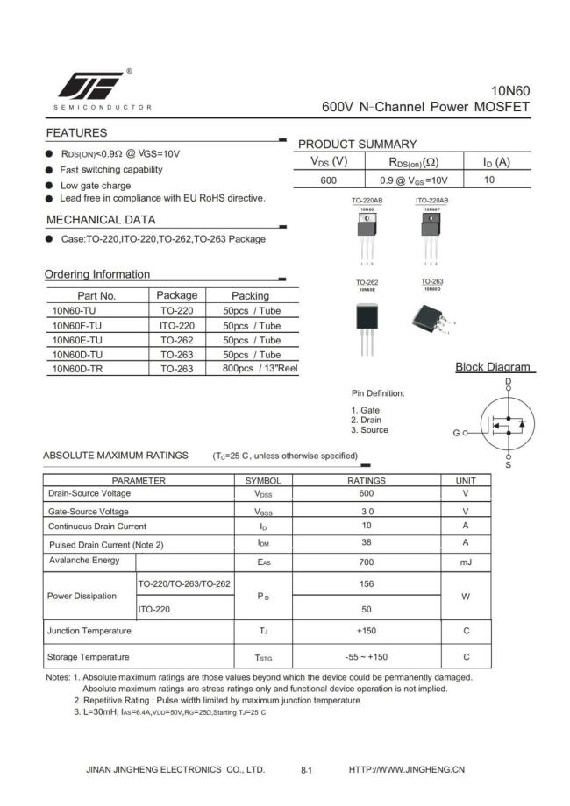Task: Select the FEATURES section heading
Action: (x=76, y=133)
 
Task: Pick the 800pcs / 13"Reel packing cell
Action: (x=260, y=369)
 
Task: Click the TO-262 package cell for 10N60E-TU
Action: (x=176, y=340)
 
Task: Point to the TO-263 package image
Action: (x=432, y=315)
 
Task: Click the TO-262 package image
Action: (x=367, y=320)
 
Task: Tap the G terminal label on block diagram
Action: (x=456, y=433)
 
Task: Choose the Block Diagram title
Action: (x=492, y=367)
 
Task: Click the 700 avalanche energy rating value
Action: (x=366, y=562)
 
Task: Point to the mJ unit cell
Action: (x=466, y=562)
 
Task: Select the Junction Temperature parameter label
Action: (x=89, y=631)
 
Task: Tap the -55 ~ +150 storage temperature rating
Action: (x=366, y=656)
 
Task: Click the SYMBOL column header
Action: (x=262, y=481)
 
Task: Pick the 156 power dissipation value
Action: (x=366, y=583)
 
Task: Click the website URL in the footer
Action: (x=407, y=769)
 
